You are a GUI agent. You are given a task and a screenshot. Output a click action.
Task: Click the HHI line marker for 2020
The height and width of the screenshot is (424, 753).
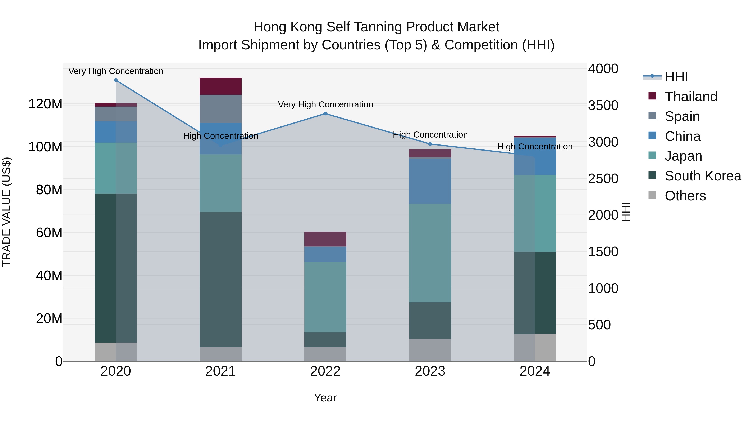(x=116, y=80)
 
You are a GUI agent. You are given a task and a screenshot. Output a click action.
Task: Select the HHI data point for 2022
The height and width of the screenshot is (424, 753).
(x=325, y=113)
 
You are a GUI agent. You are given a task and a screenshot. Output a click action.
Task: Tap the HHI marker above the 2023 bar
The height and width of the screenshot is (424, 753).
(x=430, y=144)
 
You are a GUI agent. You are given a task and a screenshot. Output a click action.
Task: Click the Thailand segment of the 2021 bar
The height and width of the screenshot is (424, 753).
(x=220, y=86)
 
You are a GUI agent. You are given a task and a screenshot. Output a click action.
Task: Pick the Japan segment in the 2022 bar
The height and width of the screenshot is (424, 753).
(x=325, y=297)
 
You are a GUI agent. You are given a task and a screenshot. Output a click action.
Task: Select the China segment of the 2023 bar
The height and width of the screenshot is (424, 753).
(x=430, y=181)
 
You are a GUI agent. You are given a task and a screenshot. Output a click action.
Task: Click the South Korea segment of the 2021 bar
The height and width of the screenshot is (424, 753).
(x=220, y=280)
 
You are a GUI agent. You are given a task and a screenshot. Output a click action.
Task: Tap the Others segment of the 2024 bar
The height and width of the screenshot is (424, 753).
(x=535, y=348)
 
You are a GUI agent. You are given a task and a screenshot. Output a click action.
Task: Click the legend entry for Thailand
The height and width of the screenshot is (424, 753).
(x=691, y=97)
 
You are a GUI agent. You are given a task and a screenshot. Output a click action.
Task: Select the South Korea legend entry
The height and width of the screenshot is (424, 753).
(x=703, y=176)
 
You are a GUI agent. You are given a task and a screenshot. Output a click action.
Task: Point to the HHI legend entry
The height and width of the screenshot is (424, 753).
(x=676, y=77)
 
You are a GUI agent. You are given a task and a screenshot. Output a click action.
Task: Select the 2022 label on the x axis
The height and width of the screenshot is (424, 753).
(x=325, y=371)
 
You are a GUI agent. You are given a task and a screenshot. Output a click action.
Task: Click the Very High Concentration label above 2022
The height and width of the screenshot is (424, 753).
(x=325, y=104)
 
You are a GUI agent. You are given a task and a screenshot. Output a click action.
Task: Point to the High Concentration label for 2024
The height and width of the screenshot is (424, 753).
(x=535, y=147)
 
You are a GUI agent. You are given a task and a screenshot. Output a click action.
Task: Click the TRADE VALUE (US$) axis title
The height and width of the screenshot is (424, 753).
(x=6, y=212)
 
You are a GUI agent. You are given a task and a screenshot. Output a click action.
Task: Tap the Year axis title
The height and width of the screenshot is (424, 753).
(x=325, y=398)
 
